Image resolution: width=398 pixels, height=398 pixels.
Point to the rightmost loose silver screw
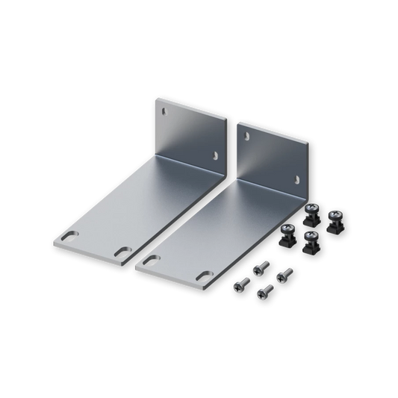click(282, 274)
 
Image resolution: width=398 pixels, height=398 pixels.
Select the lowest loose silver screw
click(263, 292)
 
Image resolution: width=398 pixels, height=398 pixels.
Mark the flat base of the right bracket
click(217, 228)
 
